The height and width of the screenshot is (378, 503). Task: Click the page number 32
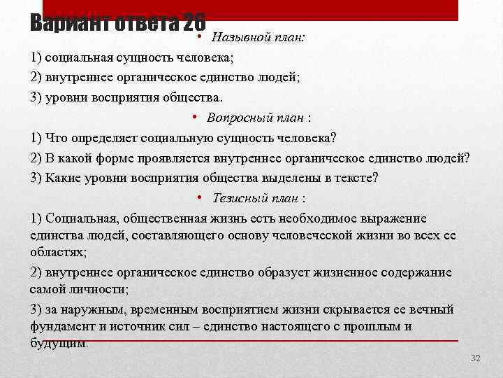point(476,358)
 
